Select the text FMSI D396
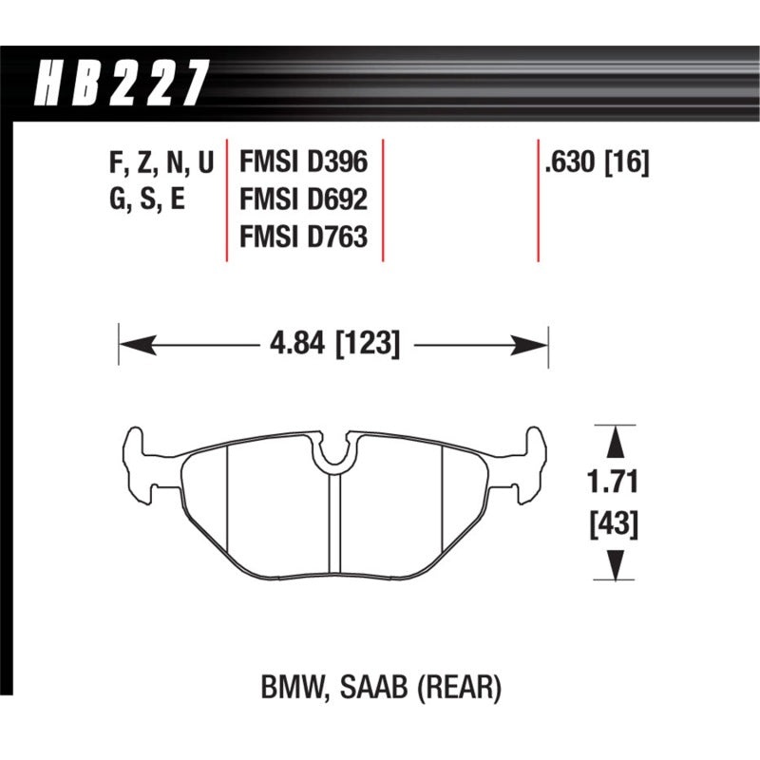pos(302,164)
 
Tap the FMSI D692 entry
pos(302,200)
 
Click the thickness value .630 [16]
pos(596,164)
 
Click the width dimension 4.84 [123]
pos(332,342)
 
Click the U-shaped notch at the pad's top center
pos(333,454)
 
